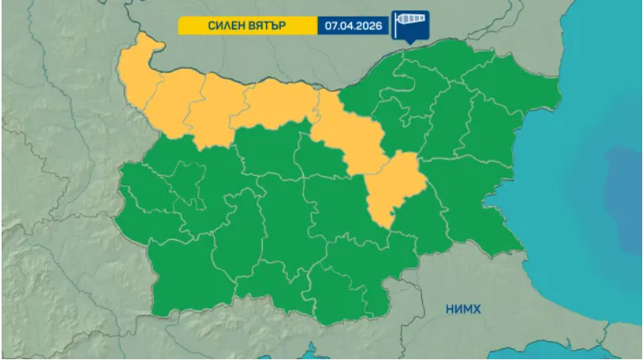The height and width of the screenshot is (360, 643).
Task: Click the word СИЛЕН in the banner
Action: [224, 25]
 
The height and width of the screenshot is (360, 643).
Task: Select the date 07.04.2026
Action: [353, 25]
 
